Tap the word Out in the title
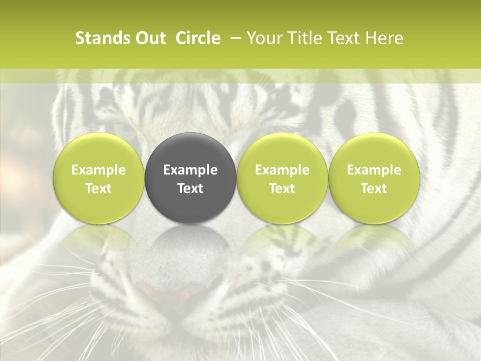[x=149, y=38]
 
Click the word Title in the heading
[x=303, y=38]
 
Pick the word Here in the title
[x=385, y=38]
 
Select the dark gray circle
[x=190, y=177]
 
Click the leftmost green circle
[x=99, y=177]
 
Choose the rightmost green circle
[x=374, y=177]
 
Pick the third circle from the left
[x=282, y=177]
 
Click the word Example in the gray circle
[x=190, y=170]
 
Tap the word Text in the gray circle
[x=190, y=189]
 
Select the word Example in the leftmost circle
[x=99, y=170]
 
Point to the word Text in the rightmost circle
[x=374, y=189]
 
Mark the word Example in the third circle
[x=282, y=170]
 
